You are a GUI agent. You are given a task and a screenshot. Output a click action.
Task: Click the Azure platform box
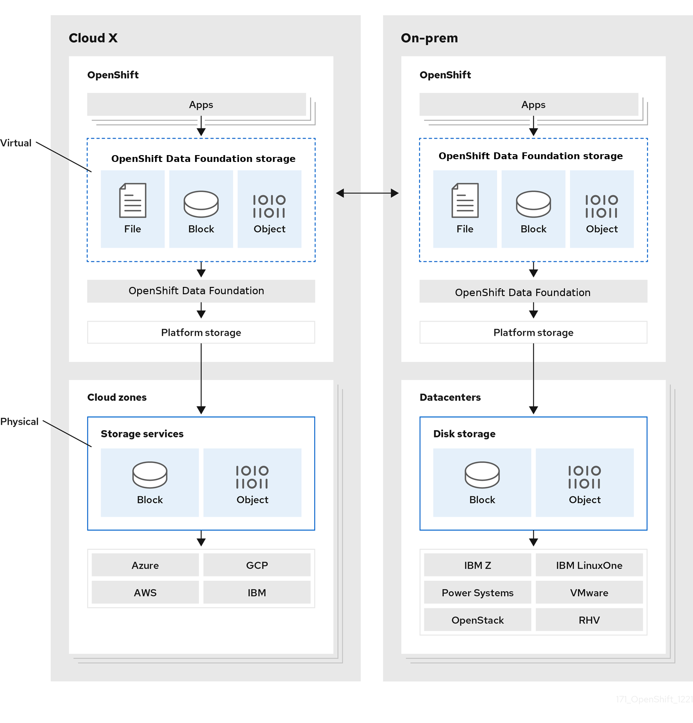click(x=145, y=565)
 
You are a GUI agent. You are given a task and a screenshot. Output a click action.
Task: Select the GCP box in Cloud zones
click(x=257, y=565)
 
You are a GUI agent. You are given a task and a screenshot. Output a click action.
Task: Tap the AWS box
click(x=145, y=593)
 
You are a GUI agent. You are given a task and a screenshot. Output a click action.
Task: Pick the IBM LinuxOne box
click(x=589, y=565)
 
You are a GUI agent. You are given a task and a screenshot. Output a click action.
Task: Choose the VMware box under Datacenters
click(x=589, y=593)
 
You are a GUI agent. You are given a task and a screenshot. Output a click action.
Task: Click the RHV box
click(x=589, y=620)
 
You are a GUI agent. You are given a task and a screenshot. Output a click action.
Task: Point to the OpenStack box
click(x=477, y=620)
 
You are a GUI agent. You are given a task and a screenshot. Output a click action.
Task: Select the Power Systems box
click(x=477, y=593)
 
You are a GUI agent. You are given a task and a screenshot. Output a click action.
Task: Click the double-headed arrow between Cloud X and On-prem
click(x=367, y=193)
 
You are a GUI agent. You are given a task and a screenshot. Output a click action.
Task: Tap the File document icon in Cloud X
click(x=133, y=201)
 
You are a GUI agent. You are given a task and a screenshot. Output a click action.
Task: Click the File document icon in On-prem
click(x=465, y=201)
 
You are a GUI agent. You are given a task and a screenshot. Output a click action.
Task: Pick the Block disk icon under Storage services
click(x=150, y=475)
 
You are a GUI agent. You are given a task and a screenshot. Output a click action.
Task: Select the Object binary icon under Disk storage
click(x=584, y=477)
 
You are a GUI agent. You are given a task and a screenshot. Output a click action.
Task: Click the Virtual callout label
click(x=16, y=143)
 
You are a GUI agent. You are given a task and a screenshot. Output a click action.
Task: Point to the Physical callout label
click(x=19, y=421)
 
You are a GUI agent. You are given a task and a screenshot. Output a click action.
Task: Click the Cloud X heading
click(x=93, y=38)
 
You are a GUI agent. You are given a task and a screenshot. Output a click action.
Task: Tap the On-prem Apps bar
click(x=529, y=104)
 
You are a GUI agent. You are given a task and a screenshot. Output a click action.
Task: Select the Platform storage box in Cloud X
click(x=201, y=333)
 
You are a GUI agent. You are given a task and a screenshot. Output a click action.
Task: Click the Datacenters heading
click(x=450, y=397)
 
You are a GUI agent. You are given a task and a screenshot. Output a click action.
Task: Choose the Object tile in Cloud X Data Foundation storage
click(x=269, y=209)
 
